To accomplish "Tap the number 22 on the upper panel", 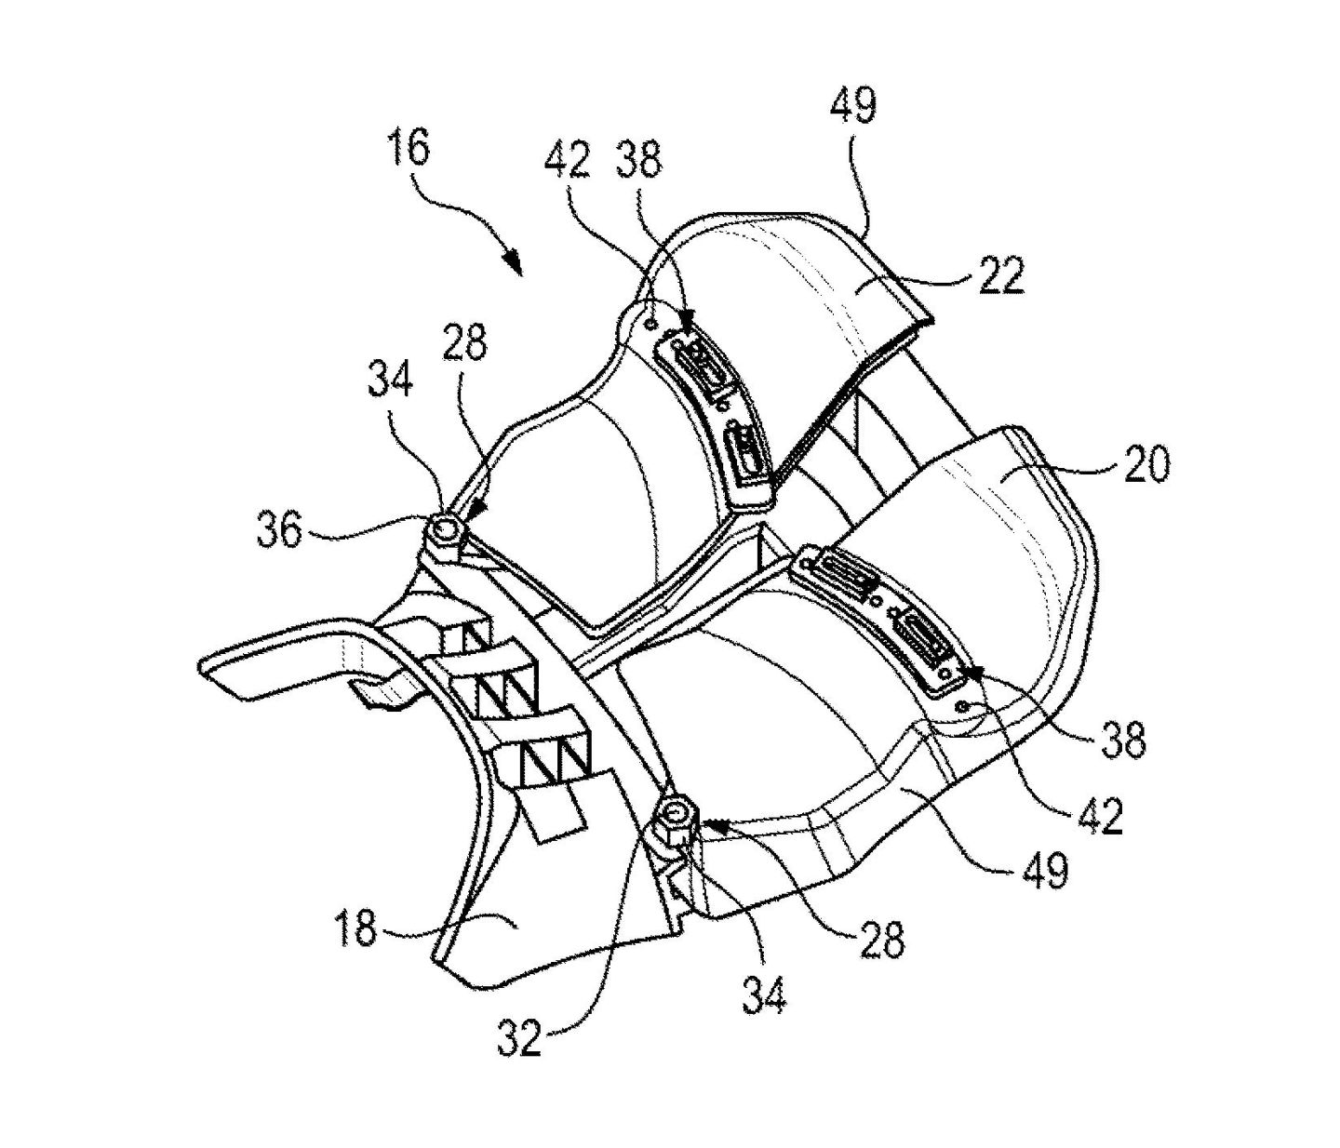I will pyautogui.click(x=999, y=274).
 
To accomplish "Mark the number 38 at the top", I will pyautogui.click(x=637, y=162).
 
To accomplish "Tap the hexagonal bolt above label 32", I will pyautogui.click(x=676, y=817).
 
